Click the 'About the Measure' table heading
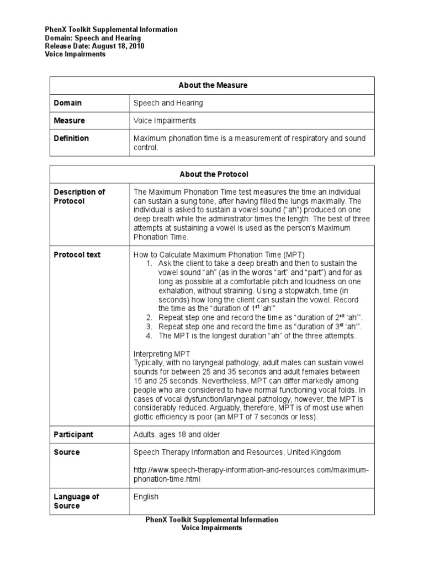(x=213, y=86)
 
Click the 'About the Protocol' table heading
(x=213, y=174)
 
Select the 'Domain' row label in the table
(x=67, y=103)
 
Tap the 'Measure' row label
(x=70, y=121)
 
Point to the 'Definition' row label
(x=71, y=138)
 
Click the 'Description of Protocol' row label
(x=79, y=196)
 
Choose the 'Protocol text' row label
(x=77, y=255)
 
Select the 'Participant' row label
(x=73, y=435)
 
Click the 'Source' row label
(x=67, y=452)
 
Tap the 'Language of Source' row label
(x=76, y=501)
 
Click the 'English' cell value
(x=146, y=497)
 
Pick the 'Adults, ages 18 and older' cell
(x=177, y=435)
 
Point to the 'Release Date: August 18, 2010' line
(x=94, y=46)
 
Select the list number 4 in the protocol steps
(x=149, y=335)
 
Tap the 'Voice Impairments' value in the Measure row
(x=165, y=121)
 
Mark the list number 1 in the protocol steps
(x=149, y=264)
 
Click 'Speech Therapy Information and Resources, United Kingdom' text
(x=237, y=452)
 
